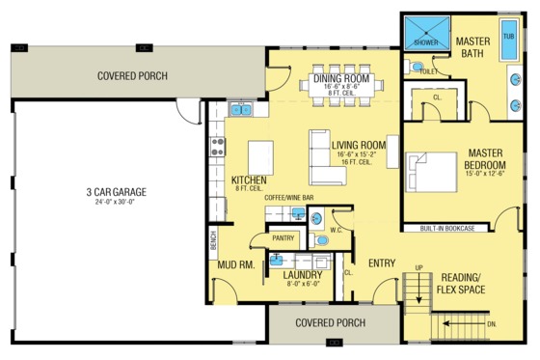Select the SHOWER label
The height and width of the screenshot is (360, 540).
tap(425, 43)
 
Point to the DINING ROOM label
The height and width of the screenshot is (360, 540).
tap(341, 77)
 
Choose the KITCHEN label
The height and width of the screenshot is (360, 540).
tap(250, 180)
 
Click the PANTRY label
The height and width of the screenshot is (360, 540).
tap(282, 236)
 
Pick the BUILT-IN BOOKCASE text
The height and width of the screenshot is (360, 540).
tap(446, 229)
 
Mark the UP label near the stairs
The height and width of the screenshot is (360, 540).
tap(419, 267)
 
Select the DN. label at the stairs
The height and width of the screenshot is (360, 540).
tap(493, 324)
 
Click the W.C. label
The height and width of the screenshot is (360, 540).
tap(337, 230)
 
